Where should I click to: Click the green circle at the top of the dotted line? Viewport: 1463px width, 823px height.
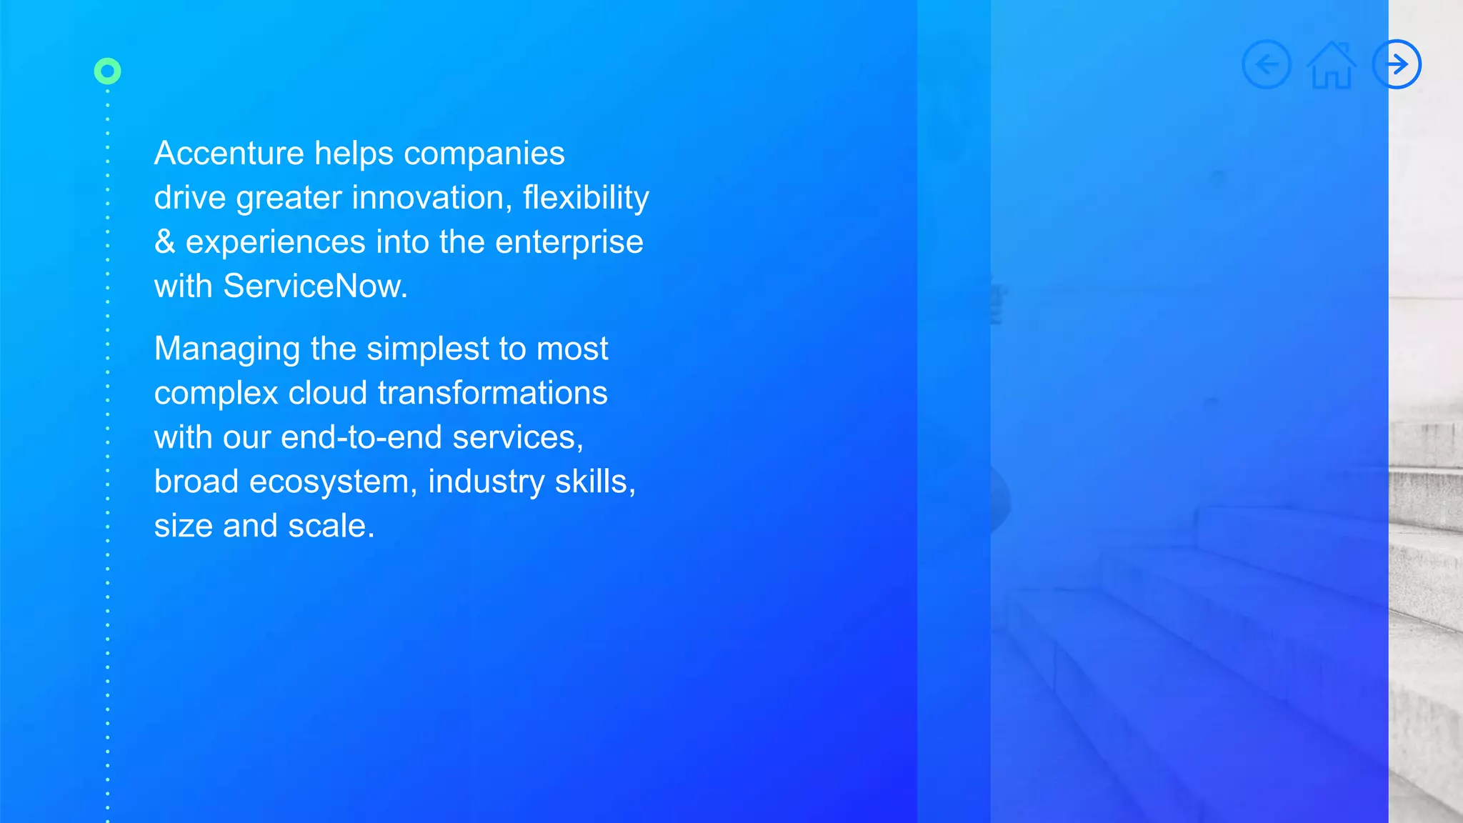click(x=108, y=71)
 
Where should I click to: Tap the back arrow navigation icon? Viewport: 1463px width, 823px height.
click(x=1267, y=64)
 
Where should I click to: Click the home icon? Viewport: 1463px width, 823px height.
click(x=1332, y=66)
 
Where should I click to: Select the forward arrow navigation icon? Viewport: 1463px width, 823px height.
click(x=1397, y=64)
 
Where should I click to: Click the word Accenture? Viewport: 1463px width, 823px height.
click(x=229, y=154)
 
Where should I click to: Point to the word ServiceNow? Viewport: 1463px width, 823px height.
click(x=314, y=286)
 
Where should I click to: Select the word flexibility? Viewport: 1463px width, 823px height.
click(x=586, y=198)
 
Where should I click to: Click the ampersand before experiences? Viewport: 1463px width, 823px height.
click(x=164, y=242)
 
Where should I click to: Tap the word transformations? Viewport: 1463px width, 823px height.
click(x=492, y=393)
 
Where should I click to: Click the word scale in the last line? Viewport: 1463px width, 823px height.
click(x=331, y=527)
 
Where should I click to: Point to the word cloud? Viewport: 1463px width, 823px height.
click(x=327, y=393)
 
